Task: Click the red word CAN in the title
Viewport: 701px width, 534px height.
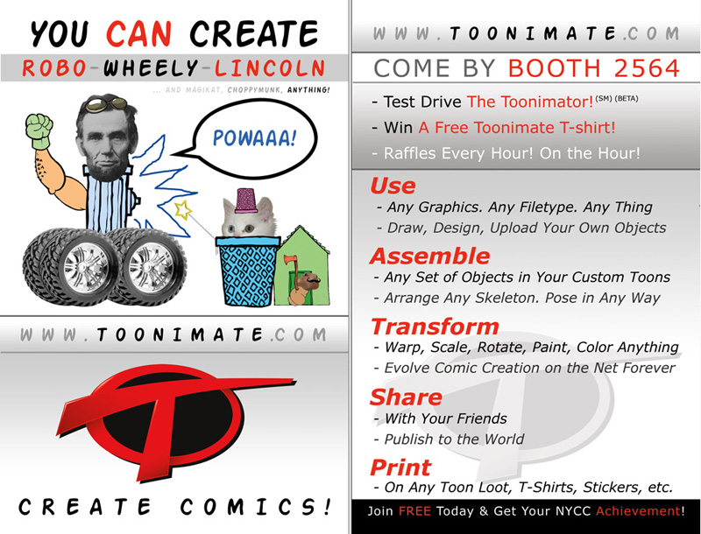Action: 139,33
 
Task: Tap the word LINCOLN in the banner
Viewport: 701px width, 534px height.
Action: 270,68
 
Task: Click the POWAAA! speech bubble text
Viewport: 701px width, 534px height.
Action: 254,137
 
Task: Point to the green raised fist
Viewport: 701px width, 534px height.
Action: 39,131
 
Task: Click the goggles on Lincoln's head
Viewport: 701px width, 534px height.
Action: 106,104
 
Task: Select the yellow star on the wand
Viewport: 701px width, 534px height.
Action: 182,210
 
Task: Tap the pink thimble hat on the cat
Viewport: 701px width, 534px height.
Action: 246,200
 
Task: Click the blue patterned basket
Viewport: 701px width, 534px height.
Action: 247,271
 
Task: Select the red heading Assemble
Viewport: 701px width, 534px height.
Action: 430,256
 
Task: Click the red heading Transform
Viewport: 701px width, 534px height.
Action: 435,327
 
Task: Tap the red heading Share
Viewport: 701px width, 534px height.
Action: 406,397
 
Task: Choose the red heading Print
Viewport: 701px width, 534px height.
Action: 400,467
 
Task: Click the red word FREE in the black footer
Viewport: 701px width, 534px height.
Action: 414,510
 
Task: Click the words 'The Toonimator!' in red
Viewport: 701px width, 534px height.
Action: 530,102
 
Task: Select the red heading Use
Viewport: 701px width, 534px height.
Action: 393,186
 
